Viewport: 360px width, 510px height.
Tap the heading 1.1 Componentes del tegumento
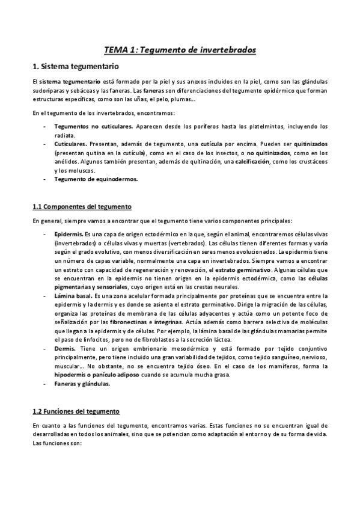[82, 206]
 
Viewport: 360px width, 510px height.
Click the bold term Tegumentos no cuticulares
[93, 127]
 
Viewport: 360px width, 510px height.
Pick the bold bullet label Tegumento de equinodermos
[96, 179]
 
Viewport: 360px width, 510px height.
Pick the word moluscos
[84, 170]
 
